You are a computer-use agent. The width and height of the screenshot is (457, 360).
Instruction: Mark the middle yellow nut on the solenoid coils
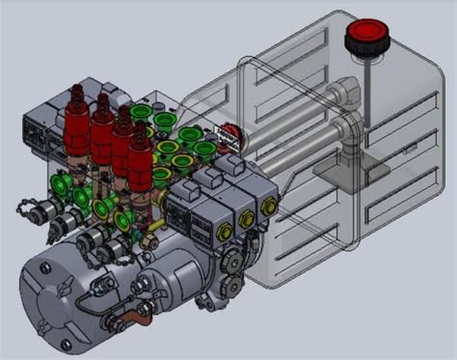pyautogui.click(x=248, y=220)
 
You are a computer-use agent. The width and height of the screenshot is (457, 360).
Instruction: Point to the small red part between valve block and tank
pyautogui.click(x=229, y=135)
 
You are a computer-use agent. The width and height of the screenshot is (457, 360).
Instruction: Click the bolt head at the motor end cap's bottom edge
pyautogui.click(x=67, y=344)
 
